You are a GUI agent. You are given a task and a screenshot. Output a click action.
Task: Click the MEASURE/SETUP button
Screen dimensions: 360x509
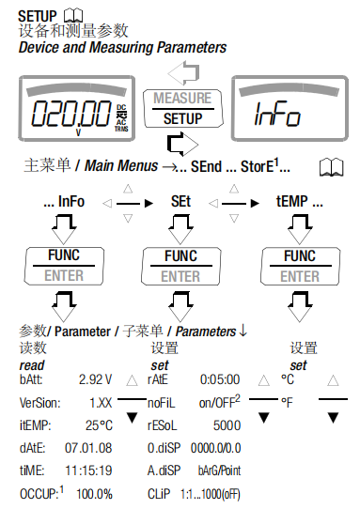(x=183, y=108)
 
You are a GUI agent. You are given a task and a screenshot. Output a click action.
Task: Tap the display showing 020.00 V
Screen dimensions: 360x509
(x=77, y=108)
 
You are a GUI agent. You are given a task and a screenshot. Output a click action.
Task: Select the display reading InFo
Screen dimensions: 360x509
(x=290, y=108)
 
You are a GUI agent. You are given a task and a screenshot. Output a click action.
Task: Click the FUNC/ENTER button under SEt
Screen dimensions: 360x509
(x=181, y=266)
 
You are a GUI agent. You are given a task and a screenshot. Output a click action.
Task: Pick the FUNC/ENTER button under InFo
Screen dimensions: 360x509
(x=64, y=266)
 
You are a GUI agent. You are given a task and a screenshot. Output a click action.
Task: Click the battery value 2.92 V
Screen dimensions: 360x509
(x=95, y=379)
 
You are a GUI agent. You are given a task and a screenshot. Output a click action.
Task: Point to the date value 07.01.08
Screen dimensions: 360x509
(x=88, y=448)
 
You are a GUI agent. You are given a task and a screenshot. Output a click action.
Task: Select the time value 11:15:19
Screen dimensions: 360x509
(x=88, y=470)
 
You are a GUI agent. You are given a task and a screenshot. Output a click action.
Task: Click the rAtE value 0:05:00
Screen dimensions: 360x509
(x=220, y=379)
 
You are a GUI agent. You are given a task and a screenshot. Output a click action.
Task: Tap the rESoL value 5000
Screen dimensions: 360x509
(x=227, y=425)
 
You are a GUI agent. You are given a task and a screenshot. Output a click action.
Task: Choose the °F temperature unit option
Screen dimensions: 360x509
(x=287, y=403)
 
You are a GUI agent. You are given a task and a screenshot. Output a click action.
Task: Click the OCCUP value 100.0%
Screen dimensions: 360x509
(x=94, y=494)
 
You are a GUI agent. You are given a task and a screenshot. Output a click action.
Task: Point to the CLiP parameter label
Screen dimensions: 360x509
(x=159, y=494)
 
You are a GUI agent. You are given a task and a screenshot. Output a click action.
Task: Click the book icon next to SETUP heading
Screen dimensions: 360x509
(x=73, y=16)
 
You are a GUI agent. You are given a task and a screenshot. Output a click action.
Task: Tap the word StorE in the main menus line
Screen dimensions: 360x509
(x=258, y=166)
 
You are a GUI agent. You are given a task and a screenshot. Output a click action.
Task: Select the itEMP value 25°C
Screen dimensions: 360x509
(x=99, y=425)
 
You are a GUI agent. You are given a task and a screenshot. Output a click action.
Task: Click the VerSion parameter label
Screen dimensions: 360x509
(x=40, y=403)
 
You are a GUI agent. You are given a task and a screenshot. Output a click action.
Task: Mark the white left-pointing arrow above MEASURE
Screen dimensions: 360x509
(x=183, y=72)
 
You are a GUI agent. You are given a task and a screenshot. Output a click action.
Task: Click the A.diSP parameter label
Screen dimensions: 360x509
(x=164, y=470)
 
